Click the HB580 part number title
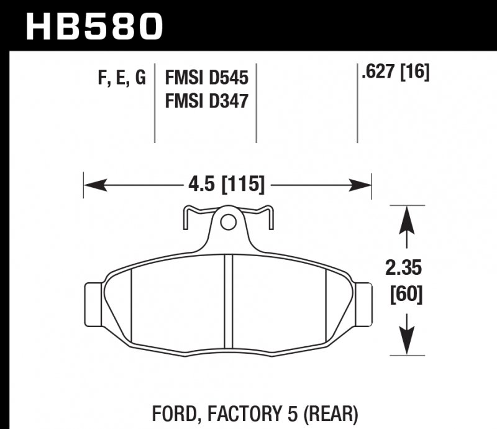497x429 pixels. click(93, 26)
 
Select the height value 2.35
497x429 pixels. click(406, 269)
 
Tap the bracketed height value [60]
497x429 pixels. click(406, 293)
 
